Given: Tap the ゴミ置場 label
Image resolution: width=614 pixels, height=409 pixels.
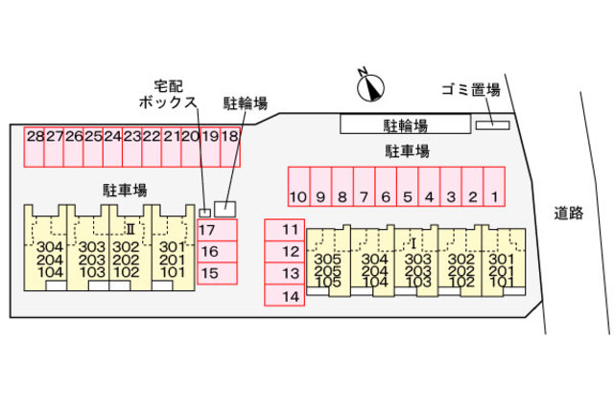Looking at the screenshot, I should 470,89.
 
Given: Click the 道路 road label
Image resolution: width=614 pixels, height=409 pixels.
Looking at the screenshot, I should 569,213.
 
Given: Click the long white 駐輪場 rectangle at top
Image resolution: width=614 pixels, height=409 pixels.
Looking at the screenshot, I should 406,125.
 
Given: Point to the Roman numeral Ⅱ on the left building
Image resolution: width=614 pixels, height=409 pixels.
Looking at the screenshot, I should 130,229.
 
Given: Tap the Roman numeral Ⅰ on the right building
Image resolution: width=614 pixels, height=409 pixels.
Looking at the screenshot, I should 413,242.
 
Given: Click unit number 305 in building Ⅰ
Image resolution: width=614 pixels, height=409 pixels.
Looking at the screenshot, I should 327,259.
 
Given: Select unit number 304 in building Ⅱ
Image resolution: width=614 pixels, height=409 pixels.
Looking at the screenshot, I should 50,246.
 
